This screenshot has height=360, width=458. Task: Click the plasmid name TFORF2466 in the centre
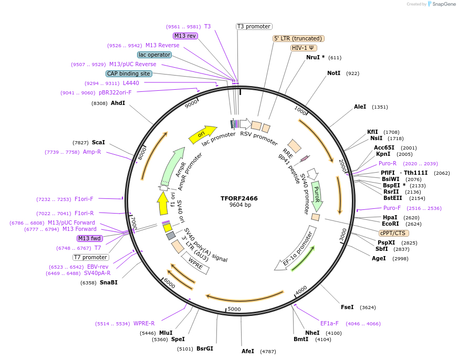pos(239,198)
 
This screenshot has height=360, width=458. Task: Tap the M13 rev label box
pos(185,36)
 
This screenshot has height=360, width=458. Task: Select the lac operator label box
pos(154,55)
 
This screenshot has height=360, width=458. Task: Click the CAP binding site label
pos(129,73)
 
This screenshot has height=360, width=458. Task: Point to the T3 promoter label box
pos(254,26)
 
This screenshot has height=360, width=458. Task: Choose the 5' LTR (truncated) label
pos(298,38)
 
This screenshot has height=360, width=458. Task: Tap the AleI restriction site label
pos(360,107)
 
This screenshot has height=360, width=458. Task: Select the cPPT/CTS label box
pos(393,233)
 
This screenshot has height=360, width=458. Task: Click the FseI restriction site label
pos(347,307)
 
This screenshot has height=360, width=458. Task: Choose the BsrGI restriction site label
pos(205,348)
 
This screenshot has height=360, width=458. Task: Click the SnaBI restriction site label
pos(108,282)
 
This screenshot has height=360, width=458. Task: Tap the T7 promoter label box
pos(91,257)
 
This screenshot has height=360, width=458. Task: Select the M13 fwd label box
pos(89,238)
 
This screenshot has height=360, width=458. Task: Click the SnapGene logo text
pos(441,4)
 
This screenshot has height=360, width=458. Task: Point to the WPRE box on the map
pos(195,263)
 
